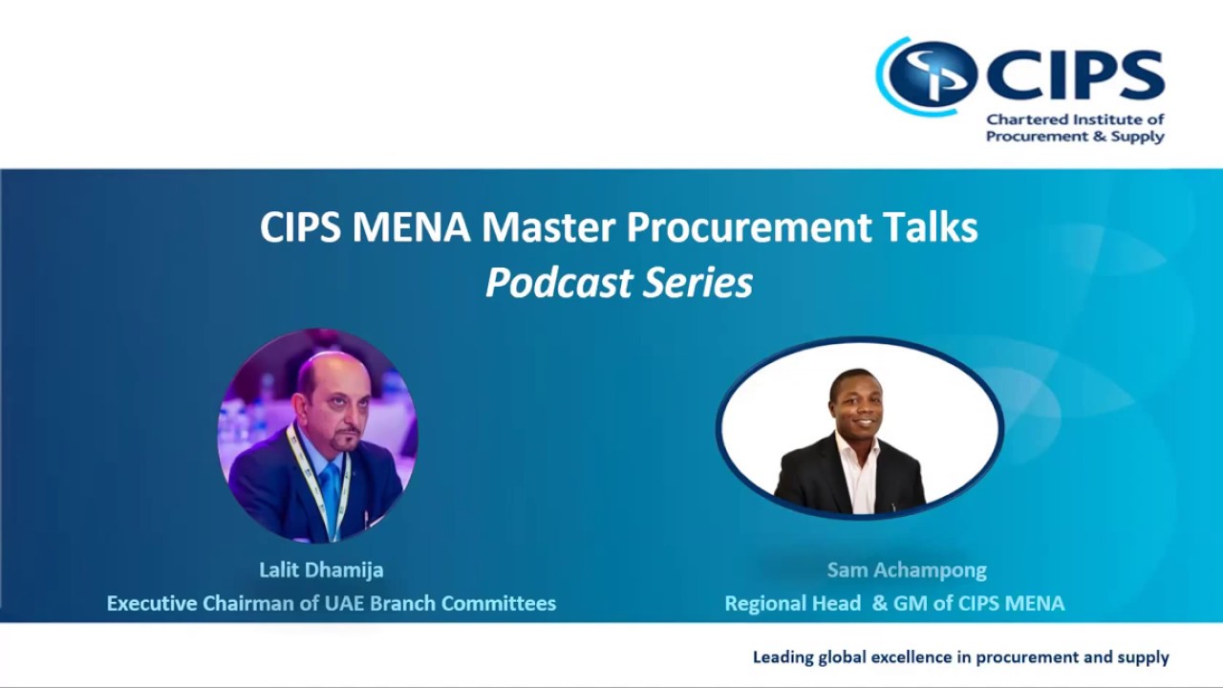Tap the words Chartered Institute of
pyautogui.click(x=1075, y=120)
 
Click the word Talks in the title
pyautogui.click(x=930, y=227)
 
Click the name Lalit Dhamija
pyautogui.click(x=321, y=570)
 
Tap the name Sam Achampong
pyautogui.click(x=906, y=570)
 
